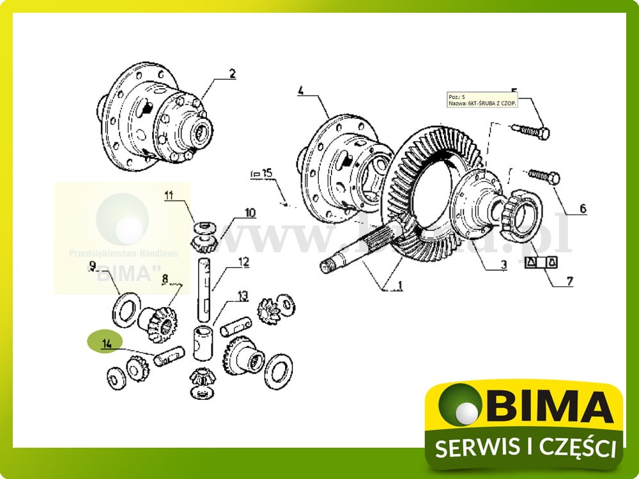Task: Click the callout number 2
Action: (x=232, y=74)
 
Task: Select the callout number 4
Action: (x=301, y=90)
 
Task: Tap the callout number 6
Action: (x=583, y=208)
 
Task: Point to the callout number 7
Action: (x=570, y=280)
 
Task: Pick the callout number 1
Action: (x=399, y=286)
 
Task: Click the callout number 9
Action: (x=92, y=264)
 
